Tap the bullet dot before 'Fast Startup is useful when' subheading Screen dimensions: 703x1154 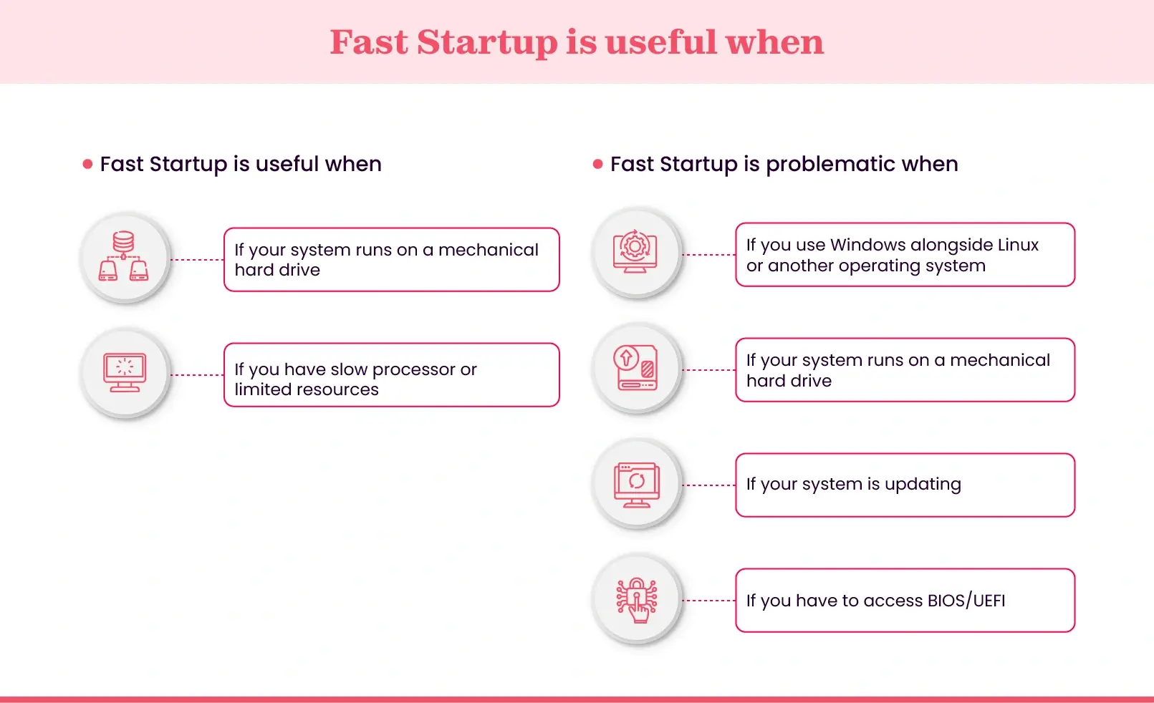(87, 164)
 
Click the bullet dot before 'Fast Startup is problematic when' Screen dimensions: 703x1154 (598, 164)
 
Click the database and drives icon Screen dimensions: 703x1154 (124, 256)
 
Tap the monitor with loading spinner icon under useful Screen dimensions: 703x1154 (125, 372)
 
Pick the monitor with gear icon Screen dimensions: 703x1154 (635, 251)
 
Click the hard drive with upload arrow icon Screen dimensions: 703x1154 (635, 367)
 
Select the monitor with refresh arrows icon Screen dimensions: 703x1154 (636, 484)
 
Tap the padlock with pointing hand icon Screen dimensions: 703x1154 (636, 600)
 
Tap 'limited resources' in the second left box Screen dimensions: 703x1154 (307, 389)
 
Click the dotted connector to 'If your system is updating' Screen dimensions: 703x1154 (708, 485)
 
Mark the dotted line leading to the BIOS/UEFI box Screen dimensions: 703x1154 (708, 601)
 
